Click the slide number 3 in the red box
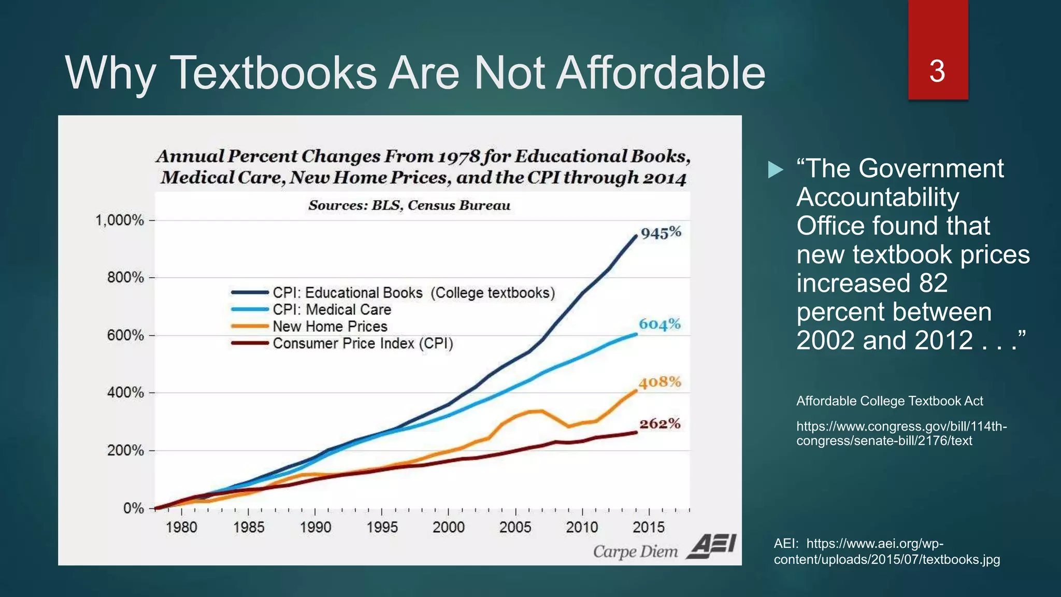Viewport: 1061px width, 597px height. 937,71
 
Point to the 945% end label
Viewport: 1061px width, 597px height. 661,233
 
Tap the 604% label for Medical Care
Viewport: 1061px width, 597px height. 659,324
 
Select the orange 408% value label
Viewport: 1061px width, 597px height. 659,382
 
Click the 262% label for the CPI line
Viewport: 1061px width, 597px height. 659,424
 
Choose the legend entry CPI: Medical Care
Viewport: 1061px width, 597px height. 332,309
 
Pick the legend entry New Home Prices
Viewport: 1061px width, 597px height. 329,326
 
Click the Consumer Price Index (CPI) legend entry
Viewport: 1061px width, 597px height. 363,344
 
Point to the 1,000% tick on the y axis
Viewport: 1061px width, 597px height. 120,220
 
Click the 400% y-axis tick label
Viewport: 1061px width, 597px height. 125,392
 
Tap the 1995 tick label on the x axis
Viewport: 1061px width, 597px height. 382,528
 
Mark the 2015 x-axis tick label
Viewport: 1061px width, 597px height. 648,528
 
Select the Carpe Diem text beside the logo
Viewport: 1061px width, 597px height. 635,551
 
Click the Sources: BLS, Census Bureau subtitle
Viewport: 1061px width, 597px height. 409,206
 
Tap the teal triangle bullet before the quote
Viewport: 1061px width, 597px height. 775,169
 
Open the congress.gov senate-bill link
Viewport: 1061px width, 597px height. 901,433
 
